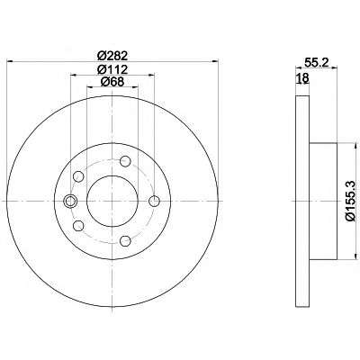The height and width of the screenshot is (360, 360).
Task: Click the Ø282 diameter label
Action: [112, 56]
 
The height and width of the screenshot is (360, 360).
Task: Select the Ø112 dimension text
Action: [112, 69]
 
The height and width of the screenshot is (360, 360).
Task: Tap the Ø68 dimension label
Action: [112, 82]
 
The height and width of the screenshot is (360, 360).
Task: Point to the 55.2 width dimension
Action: [317, 62]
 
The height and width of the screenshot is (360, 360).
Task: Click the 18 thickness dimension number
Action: [302, 78]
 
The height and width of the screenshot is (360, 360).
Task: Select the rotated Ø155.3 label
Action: [350, 201]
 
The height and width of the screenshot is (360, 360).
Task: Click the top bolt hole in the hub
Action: [125, 161]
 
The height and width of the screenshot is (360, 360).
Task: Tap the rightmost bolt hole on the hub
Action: [155, 201]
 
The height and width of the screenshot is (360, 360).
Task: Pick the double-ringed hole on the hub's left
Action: [70, 201]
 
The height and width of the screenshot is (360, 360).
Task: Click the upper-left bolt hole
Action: [78, 176]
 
